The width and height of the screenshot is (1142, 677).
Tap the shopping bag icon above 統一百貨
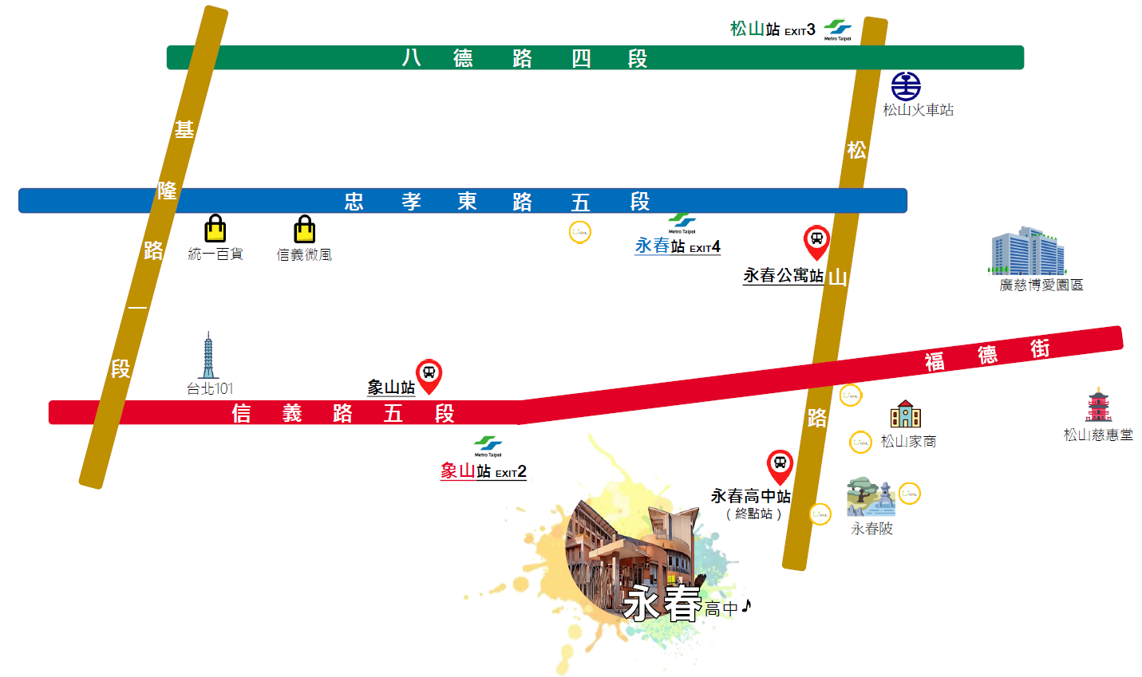215,229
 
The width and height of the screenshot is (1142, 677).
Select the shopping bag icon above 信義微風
304,230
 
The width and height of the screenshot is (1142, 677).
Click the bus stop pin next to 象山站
429,375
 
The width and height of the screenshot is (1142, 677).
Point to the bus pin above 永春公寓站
816,241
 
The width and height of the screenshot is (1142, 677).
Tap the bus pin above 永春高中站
780,466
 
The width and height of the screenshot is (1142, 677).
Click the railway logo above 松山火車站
906,86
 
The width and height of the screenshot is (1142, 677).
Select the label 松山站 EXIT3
773,30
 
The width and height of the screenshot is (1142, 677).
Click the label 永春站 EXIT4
678,246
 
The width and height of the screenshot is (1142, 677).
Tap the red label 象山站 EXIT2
483,471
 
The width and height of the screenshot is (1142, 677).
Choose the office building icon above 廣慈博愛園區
1028,251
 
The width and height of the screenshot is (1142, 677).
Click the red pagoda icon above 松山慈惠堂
1098,406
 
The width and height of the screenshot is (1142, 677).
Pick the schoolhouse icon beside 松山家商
906,415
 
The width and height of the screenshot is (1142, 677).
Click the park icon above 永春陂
870,498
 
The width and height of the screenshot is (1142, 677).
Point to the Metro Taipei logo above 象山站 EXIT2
488,444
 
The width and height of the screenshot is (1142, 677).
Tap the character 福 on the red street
935,362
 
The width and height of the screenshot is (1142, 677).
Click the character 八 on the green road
411,58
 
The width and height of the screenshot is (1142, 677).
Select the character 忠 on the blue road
354,202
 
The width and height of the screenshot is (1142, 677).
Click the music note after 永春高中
746,607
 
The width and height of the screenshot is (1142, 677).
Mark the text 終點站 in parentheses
754,514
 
